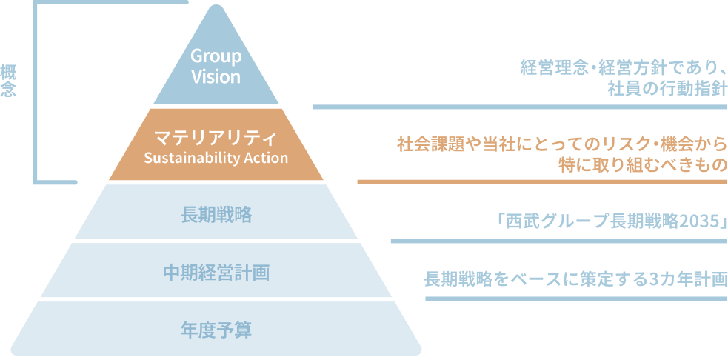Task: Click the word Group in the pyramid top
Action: [216, 57]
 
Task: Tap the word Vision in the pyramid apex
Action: [216, 77]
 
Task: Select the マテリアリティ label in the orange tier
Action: [216, 139]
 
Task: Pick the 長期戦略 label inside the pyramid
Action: [216, 216]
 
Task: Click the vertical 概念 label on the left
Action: [9, 82]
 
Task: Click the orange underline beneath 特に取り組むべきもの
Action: [541, 181]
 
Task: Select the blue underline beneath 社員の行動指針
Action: [519, 107]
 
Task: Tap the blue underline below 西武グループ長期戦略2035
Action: [558, 241]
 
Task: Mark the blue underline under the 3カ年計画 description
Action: [575, 299]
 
